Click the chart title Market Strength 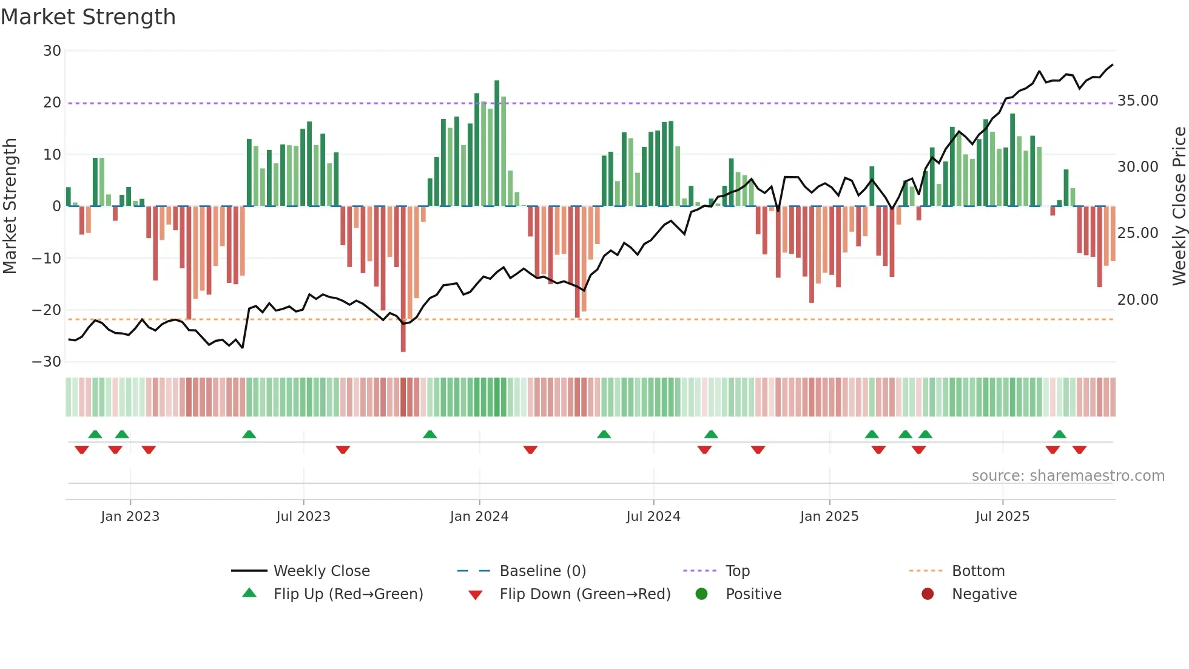[x=89, y=17]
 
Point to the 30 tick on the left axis [x=52, y=51]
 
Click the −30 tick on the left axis [x=47, y=362]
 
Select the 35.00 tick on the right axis [x=1137, y=101]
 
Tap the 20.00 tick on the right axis [x=1137, y=300]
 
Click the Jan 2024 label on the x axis [x=479, y=517]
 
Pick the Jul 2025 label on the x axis [x=1002, y=517]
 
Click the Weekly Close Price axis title [x=1179, y=206]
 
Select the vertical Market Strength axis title [x=10, y=206]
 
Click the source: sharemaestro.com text [x=1068, y=476]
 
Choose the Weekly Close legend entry [x=321, y=571]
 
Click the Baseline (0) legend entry [x=542, y=571]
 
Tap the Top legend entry [x=737, y=571]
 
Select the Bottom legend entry [x=978, y=571]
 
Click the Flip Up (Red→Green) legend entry [x=348, y=594]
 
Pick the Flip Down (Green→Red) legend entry [x=585, y=594]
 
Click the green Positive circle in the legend [x=702, y=594]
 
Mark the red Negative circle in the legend [x=928, y=594]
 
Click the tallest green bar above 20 [x=497, y=143]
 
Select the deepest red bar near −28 [x=403, y=279]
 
